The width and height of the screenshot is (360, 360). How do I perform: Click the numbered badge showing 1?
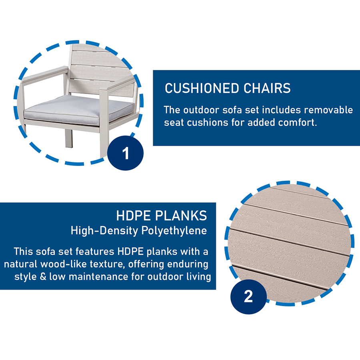pos(126,153)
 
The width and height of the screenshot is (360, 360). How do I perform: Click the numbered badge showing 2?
pos(248,296)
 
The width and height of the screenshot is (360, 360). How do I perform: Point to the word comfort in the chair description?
pos(300,122)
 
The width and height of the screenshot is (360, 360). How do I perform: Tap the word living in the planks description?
pos(197,277)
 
